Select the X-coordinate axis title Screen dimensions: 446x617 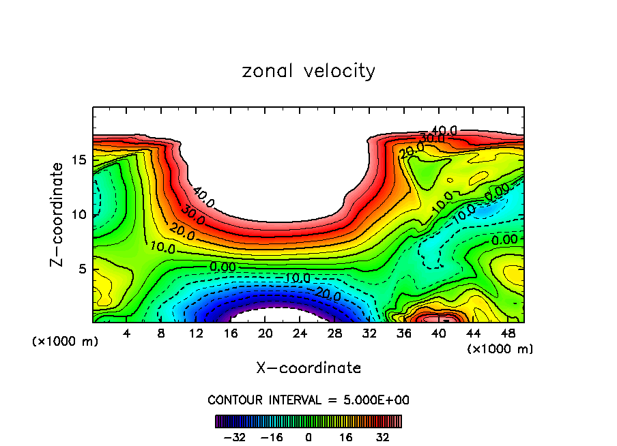(x=308, y=368)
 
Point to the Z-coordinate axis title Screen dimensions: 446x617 (x=58, y=215)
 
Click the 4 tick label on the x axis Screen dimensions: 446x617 (x=126, y=334)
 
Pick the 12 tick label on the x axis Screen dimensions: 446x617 (x=196, y=334)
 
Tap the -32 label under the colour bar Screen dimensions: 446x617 (x=233, y=436)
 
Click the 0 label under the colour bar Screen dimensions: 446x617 (x=308, y=436)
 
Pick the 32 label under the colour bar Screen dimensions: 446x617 (x=382, y=436)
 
